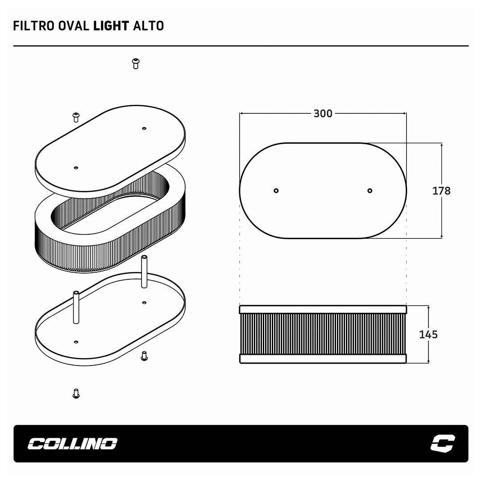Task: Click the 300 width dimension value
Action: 323,114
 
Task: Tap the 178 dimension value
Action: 441,191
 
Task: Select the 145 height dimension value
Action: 428,334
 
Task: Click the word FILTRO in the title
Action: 34,26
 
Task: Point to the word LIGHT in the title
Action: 111,26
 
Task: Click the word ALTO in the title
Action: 149,26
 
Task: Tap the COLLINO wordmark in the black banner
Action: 73,444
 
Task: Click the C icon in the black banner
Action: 443,443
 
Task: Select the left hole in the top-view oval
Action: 276,191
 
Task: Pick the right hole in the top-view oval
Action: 370,191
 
